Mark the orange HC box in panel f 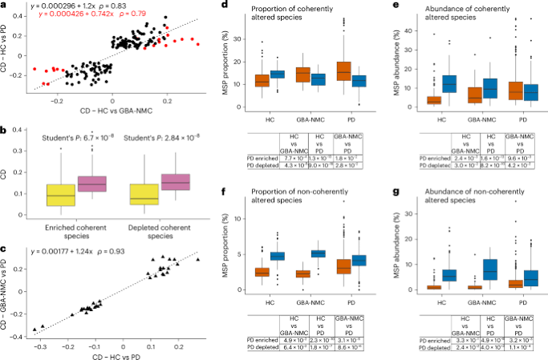262,273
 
